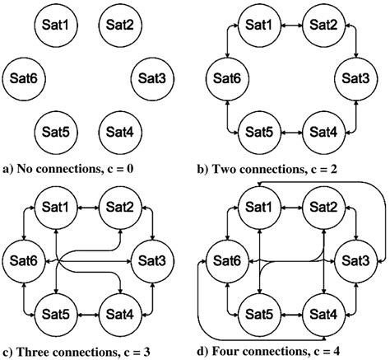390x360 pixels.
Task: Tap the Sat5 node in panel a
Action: pos(53,131)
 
